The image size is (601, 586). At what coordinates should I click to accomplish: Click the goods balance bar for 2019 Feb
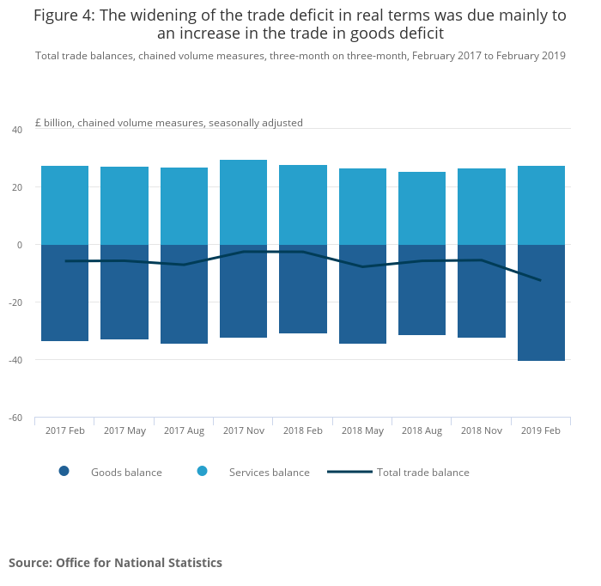pyautogui.click(x=541, y=302)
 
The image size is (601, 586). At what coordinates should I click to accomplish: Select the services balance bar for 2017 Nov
pyautogui.click(x=243, y=202)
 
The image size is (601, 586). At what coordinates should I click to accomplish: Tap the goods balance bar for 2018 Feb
pyautogui.click(x=302, y=289)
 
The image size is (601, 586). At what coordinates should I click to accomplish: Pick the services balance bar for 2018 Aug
pyautogui.click(x=422, y=208)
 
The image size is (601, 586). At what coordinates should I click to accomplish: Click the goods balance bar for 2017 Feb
pyautogui.click(x=64, y=293)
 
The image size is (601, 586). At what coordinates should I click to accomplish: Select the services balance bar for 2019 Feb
pyautogui.click(x=541, y=205)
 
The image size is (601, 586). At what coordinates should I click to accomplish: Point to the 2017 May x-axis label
pyautogui.click(x=124, y=430)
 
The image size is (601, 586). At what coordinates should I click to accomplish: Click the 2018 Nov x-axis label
pyautogui.click(x=481, y=430)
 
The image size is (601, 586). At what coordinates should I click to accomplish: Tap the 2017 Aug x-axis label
pyautogui.click(x=184, y=430)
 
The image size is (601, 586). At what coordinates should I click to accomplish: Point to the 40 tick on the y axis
pyautogui.click(x=17, y=130)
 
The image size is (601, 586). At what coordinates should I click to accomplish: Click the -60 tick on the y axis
pyautogui.click(x=15, y=418)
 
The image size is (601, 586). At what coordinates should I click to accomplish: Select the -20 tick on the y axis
pyautogui.click(x=15, y=302)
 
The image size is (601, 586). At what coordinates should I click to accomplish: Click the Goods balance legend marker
pyautogui.click(x=64, y=471)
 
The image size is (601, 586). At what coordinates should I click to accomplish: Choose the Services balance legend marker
pyautogui.click(x=203, y=471)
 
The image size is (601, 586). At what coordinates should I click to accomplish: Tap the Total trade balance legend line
pyautogui.click(x=349, y=472)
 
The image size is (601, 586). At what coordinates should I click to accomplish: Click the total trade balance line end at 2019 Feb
pyautogui.click(x=541, y=280)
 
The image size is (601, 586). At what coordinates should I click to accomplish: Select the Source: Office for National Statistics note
pyautogui.click(x=115, y=563)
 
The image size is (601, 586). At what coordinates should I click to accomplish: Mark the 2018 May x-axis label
pyautogui.click(x=362, y=430)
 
